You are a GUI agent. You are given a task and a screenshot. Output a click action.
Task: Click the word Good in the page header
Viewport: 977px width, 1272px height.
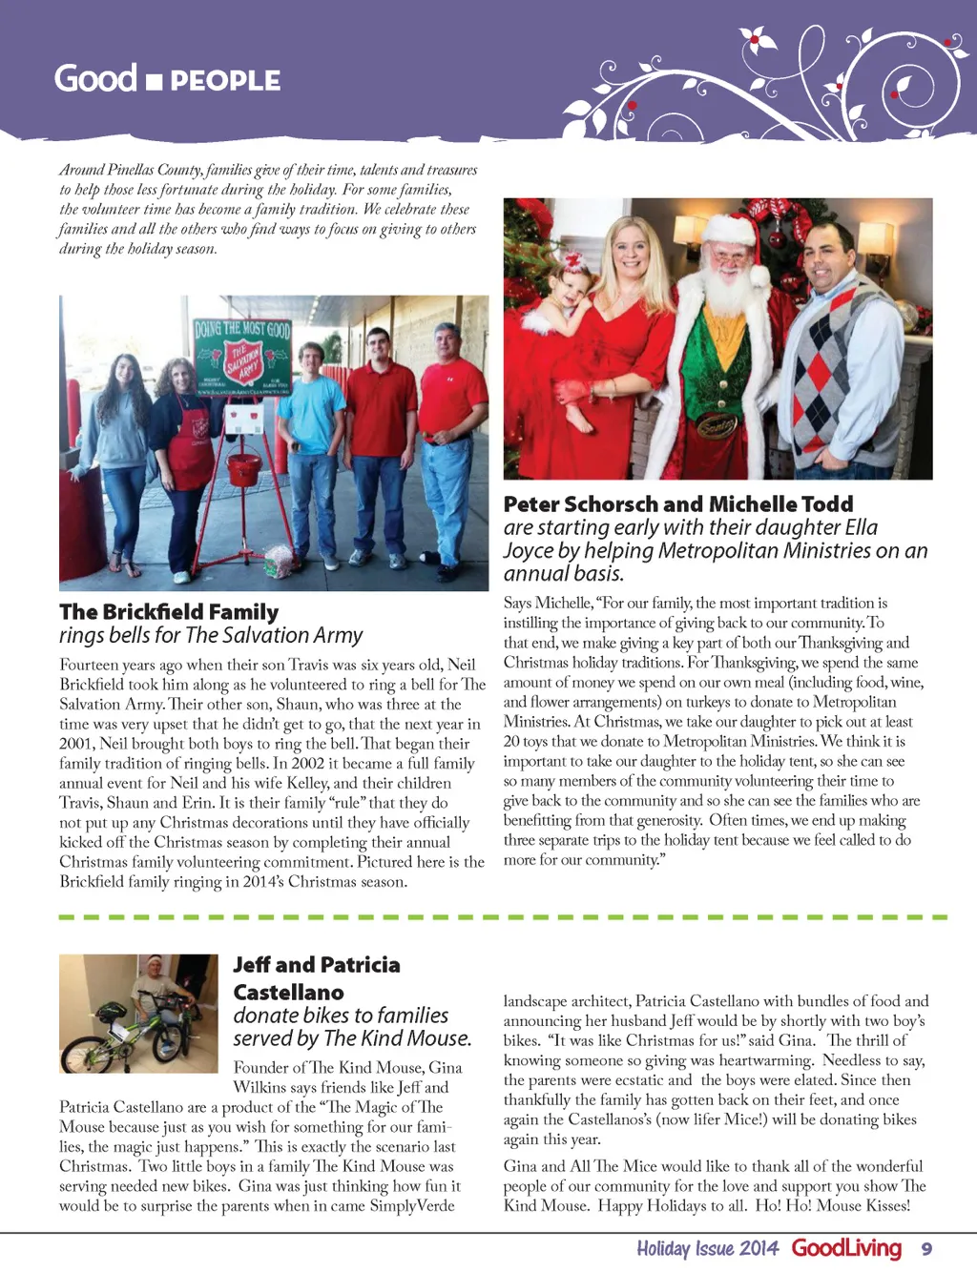(x=95, y=77)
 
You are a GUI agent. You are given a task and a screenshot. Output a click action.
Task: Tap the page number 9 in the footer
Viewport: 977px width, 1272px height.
(x=926, y=1248)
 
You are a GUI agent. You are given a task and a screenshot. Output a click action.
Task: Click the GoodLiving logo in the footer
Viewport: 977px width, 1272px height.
(x=846, y=1248)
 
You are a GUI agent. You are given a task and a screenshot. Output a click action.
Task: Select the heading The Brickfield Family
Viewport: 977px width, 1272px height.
(x=169, y=612)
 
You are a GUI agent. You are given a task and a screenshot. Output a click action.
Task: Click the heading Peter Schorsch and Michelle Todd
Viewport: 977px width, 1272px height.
(x=678, y=504)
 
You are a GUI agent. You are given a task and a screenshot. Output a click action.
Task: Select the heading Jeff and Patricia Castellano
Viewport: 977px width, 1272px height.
(x=317, y=978)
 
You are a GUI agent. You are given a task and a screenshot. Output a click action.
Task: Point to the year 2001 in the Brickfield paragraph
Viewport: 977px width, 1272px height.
(x=78, y=744)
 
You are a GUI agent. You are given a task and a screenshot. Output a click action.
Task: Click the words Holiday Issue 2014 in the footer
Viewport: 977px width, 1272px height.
(x=707, y=1248)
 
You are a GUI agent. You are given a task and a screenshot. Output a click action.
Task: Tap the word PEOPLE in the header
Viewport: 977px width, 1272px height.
(x=225, y=81)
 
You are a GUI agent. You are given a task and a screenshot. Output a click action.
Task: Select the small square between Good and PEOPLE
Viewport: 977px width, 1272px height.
(x=155, y=82)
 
